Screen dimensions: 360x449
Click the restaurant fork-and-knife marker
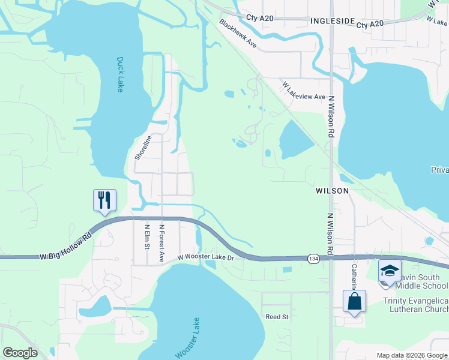pos(104,200)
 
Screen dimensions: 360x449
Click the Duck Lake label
pos(119,74)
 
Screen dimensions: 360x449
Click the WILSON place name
pos(332,190)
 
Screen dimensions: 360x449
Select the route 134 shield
pos(313,258)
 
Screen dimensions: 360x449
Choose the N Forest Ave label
pos(161,244)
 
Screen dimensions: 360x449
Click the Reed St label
pos(277,316)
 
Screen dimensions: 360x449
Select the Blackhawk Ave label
pos(238,34)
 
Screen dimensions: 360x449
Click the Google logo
pos(20,353)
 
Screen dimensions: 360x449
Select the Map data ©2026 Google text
pos(412,355)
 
